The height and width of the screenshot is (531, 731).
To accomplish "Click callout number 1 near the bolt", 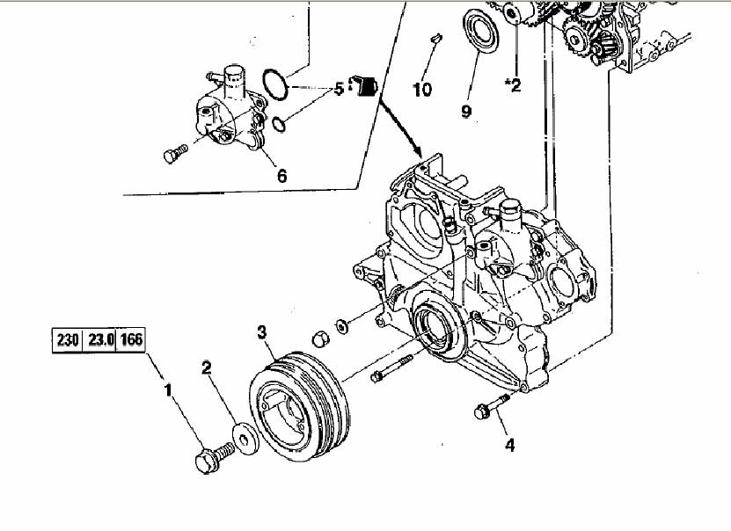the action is (x=168, y=390).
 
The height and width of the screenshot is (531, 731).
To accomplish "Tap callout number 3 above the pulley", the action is (x=261, y=332).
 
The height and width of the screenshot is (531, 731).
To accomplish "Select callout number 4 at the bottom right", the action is (x=509, y=446).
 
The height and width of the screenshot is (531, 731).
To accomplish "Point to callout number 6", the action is (x=281, y=176).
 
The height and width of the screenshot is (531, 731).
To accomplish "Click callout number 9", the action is (x=466, y=111).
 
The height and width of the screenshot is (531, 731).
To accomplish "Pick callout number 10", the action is (x=422, y=89).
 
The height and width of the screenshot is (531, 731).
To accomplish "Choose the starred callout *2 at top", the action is (x=513, y=84).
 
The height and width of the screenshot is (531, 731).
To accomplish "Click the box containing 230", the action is (x=67, y=339).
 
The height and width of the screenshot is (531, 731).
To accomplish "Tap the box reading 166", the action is (x=130, y=339).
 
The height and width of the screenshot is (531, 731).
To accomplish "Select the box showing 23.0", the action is (x=99, y=339).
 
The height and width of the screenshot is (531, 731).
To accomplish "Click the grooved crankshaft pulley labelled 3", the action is (x=299, y=406).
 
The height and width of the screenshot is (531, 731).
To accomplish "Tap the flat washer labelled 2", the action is (x=246, y=438).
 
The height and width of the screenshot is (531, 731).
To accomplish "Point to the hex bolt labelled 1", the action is (x=214, y=457).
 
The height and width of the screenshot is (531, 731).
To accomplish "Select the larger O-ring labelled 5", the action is (x=274, y=84).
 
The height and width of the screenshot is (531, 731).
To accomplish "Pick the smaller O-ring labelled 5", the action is (x=278, y=124).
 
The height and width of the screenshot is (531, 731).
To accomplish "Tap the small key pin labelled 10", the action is (x=437, y=38).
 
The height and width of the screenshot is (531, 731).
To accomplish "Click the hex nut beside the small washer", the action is (x=320, y=338).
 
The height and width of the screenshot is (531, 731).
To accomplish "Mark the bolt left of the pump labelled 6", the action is (x=176, y=153).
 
